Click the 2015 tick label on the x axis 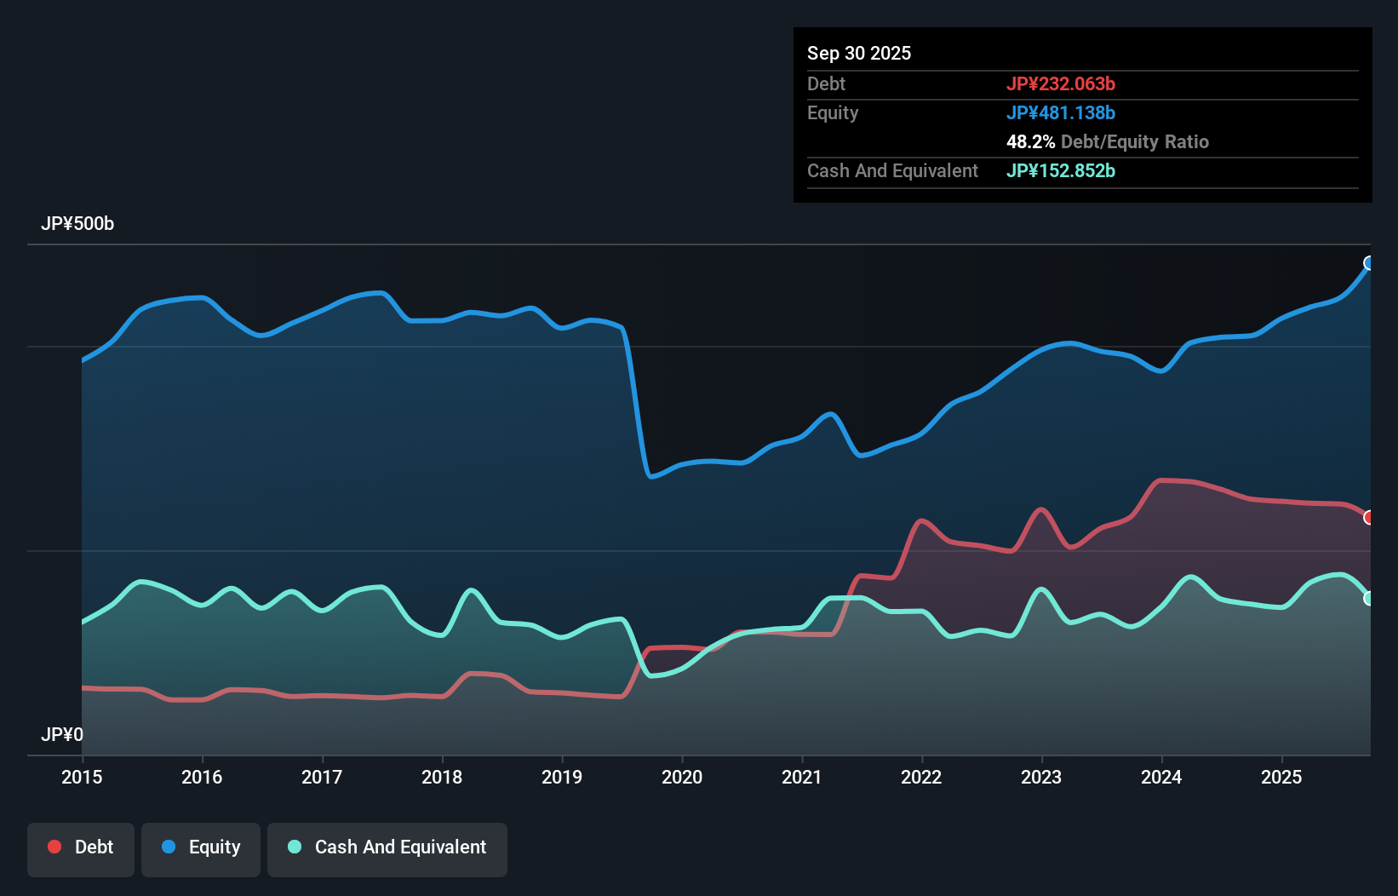[82, 777]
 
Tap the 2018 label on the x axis [442, 777]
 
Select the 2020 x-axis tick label [682, 777]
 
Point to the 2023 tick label [1041, 777]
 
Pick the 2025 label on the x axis [1281, 777]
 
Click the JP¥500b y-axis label [77, 224]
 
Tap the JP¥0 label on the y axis [62, 734]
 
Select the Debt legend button [81, 847]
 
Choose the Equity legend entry [201, 847]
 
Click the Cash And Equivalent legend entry [387, 847]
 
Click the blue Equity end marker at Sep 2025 [1369, 263]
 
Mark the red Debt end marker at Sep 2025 [1369, 518]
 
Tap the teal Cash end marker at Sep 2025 [1369, 599]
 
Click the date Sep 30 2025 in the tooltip [859, 53]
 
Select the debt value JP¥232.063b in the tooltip [1061, 83]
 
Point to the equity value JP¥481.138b [1061, 112]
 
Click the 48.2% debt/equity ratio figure [1030, 141]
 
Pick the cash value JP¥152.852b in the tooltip [1061, 170]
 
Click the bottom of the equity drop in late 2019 [651, 476]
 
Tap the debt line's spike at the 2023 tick [1040, 510]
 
